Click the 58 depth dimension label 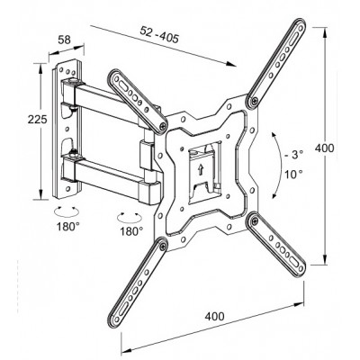[64, 40]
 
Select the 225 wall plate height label [37, 120]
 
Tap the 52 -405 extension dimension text [159, 34]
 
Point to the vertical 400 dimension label [324, 148]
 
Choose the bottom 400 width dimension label [214, 316]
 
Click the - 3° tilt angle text [293, 155]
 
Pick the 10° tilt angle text [293, 174]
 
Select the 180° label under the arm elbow [131, 231]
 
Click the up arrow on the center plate [201, 170]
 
